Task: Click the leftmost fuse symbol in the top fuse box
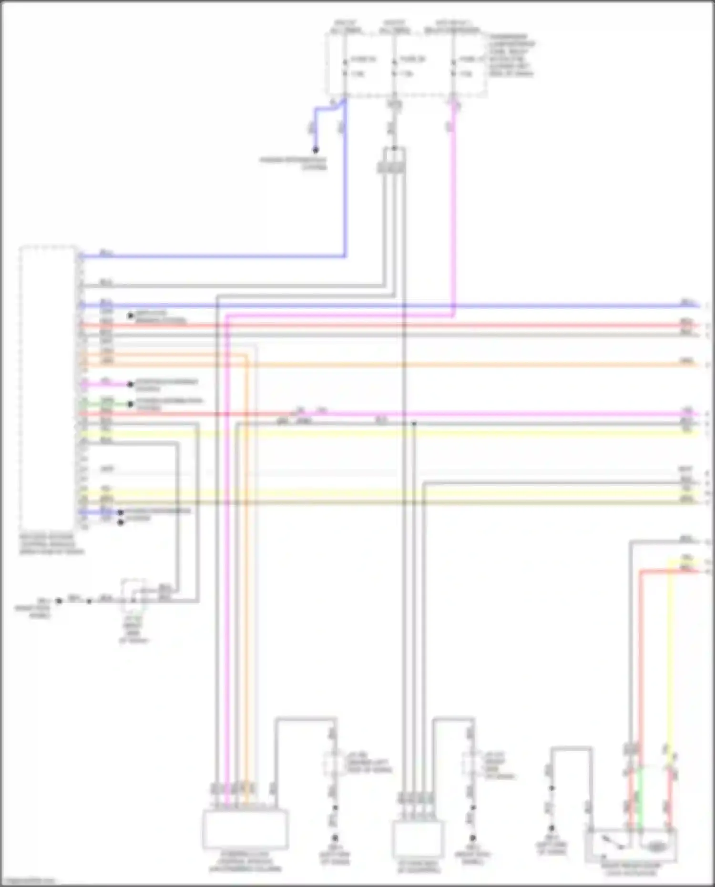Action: pyautogui.click(x=345, y=67)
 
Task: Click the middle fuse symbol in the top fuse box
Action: pyautogui.click(x=394, y=67)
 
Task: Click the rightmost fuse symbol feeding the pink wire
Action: pyautogui.click(x=453, y=67)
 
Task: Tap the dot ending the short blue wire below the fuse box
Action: pyautogui.click(x=315, y=150)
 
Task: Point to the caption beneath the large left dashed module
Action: pyautogui.click(x=51, y=544)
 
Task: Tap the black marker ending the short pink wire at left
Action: pyautogui.click(x=130, y=384)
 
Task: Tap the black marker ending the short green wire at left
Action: pyautogui.click(x=130, y=404)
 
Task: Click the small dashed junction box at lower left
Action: pyautogui.click(x=134, y=596)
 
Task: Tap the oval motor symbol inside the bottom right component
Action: pyautogui.click(x=657, y=846)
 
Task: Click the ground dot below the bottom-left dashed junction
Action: pyautogui.click(x=335, y=837)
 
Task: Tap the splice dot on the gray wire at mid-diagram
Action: pyautogui.click(x=414, y=423)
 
